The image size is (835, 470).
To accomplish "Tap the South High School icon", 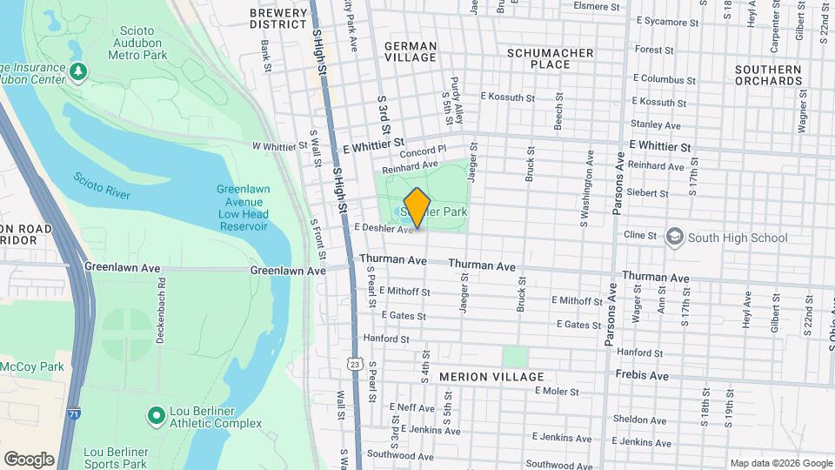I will click(675, 238).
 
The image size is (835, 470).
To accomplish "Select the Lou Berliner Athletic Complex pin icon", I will click(157, 416).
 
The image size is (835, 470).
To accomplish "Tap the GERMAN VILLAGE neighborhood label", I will click(410, 51).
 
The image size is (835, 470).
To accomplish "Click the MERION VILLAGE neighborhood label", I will click(491, 377).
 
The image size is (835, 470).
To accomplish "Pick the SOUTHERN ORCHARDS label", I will click(767, 75).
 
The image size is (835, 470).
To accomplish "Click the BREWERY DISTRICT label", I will click(278, 18).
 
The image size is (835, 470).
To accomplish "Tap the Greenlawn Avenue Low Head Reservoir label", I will click(243, 208).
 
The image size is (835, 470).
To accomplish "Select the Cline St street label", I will click(639, 236).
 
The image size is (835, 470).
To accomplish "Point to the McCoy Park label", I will click(32, 366).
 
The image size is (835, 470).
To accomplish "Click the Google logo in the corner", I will click(29, 460).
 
